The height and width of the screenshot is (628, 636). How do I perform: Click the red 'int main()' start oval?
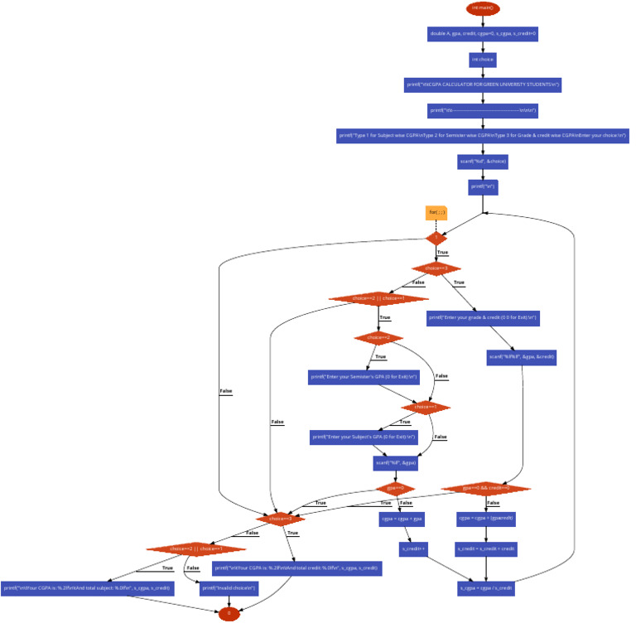point(483,8)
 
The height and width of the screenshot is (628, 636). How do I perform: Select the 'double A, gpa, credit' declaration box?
point(483,34)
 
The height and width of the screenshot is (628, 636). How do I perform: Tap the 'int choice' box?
point(483,60)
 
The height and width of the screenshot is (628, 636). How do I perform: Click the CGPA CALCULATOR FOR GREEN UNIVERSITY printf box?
point(483,85)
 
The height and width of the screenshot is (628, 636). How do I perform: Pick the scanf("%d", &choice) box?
point(483,162)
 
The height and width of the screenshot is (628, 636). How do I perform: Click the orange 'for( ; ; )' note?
point(436,213)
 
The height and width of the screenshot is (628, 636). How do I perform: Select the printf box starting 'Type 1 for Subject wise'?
point(483,136)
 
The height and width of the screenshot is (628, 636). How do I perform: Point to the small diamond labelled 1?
point(436,238)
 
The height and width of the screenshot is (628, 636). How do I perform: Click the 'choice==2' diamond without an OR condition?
point(378,338)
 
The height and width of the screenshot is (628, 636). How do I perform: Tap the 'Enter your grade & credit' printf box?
point(484,317)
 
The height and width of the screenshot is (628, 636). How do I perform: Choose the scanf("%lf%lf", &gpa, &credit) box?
point(522,357)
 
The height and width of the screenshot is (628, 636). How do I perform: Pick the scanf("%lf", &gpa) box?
point(395,463)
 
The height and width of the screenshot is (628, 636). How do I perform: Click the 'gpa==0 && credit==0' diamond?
point(486,489)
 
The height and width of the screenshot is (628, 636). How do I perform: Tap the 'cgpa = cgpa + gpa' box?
point(402,519)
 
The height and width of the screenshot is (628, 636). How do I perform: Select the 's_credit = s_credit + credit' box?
point(486,548)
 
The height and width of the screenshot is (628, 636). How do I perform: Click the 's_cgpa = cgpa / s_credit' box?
point(486,588)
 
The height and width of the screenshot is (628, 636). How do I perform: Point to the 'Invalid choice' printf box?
point(229,588)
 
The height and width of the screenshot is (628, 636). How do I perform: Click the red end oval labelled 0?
point(229,614)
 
